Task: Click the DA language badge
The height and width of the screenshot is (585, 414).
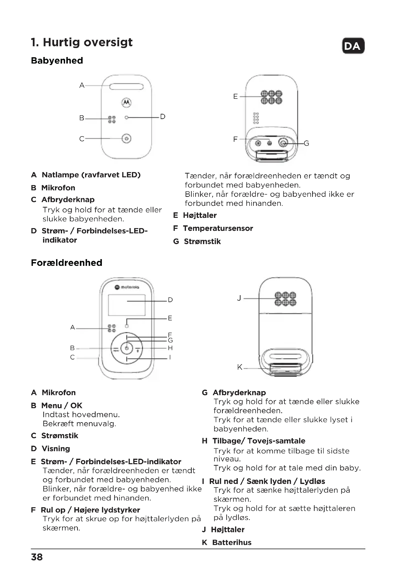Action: [353, 46]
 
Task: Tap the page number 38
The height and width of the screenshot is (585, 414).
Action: [37, 557]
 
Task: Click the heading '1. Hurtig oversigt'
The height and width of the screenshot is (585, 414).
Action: [82, 42]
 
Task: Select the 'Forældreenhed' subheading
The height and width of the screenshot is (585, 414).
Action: [67, 263]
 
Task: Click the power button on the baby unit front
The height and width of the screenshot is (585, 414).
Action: [126, 139]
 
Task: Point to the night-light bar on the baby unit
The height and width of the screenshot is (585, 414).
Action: [126, 87]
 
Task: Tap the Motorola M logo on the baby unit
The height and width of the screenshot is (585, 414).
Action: [126, 103]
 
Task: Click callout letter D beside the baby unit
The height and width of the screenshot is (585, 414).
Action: [163, 117]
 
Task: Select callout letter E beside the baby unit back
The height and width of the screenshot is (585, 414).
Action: [235, 97]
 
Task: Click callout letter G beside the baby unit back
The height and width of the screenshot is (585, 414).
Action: [306, 144]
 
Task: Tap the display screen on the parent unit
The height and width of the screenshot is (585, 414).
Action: [127, 305]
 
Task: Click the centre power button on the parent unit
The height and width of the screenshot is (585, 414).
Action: [127, 348]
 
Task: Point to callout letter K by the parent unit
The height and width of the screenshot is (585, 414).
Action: [240, 367]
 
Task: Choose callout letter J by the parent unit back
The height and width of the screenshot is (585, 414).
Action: [239, 298]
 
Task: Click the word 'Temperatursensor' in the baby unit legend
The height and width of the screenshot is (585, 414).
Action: [218, 228]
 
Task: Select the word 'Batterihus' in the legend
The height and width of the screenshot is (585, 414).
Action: [232, 542]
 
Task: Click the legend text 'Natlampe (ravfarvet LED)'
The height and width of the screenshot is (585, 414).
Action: [91, 175]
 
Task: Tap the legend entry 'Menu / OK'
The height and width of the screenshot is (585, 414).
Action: [62, 405]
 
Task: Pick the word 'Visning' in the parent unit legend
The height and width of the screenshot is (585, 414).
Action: [56, 448]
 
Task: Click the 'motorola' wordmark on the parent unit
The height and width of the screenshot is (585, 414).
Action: [130, 287]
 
